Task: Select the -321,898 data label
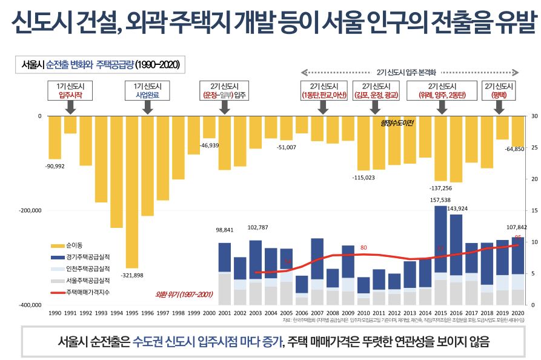click(x=133, y=275)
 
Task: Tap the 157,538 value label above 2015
click(x=440, y=199)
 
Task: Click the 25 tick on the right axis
click(x=533, y=147)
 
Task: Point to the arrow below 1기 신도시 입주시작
click(x=70, y=108)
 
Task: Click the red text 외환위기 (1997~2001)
click(x=184, y=295)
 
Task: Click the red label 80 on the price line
click(x=363, y=248)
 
